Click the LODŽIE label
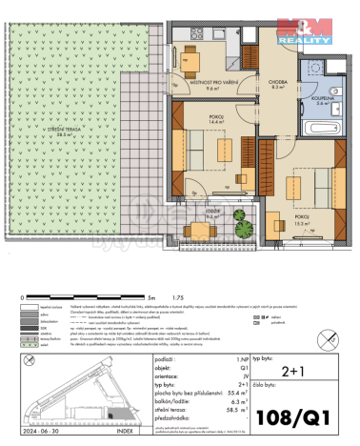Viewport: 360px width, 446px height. point(212,212)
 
